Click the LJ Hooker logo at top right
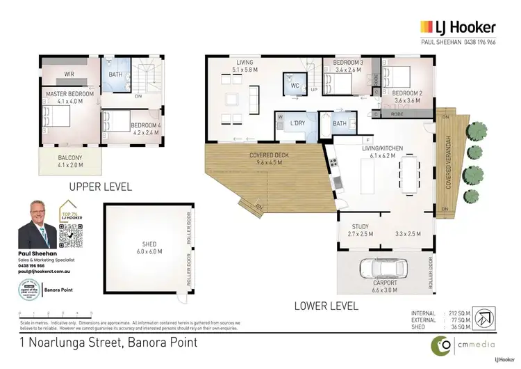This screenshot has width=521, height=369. (457, 27)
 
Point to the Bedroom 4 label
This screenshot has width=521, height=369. (145, 129)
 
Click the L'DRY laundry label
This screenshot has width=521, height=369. (298, 123)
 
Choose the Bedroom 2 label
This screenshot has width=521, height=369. (408, 96)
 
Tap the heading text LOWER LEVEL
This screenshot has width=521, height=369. (326, 305)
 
